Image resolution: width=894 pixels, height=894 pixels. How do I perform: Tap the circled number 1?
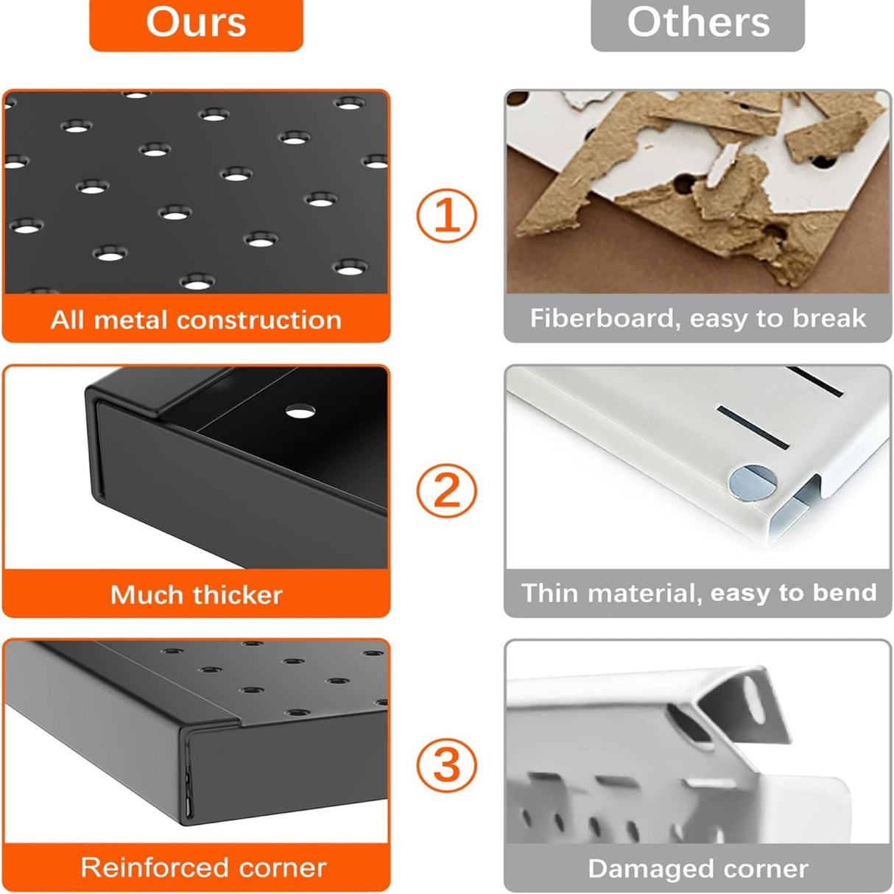(446, 216)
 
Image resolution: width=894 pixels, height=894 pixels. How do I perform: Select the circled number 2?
(446, 491)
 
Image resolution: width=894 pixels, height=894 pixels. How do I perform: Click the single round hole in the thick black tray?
(300, 411)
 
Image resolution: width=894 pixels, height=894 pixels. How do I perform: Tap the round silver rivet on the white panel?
(753, 483)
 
